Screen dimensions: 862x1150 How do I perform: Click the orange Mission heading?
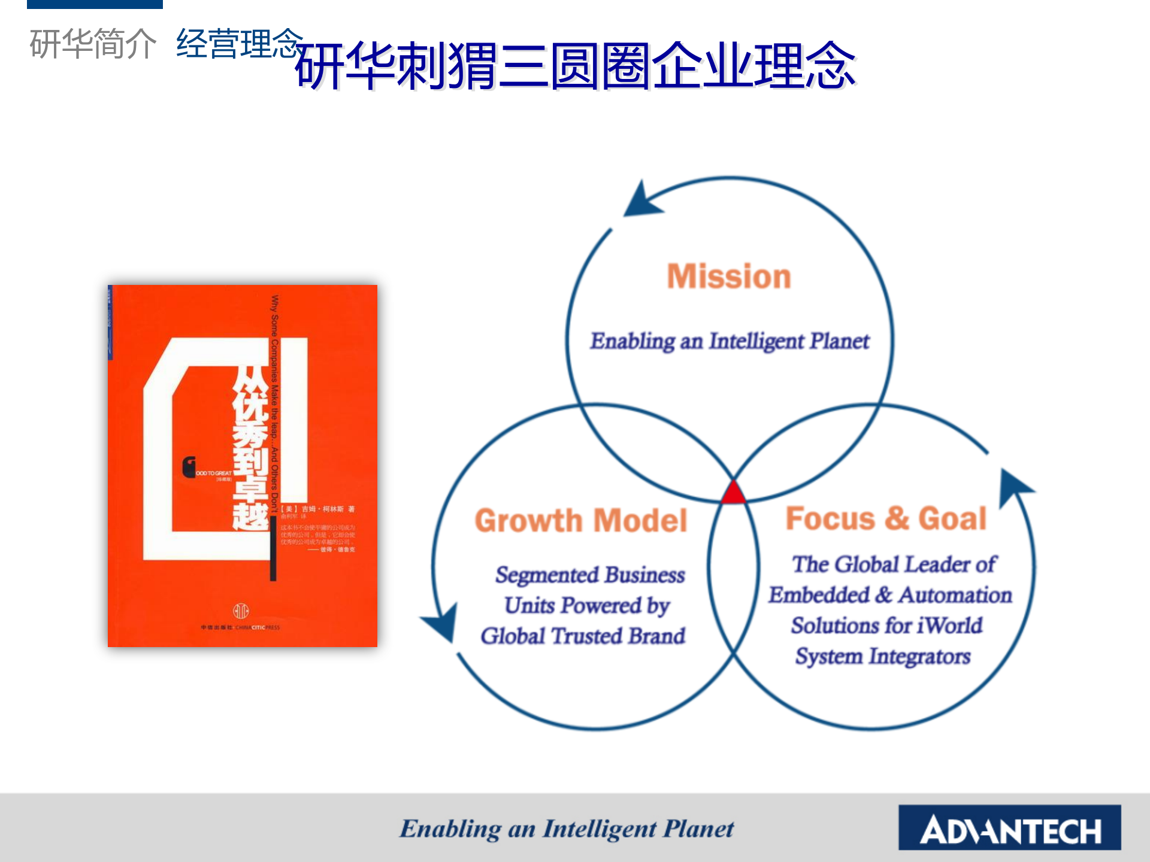point(729,277)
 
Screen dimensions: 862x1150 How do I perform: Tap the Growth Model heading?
point(580,520)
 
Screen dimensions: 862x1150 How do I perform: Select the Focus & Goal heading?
point(885,518)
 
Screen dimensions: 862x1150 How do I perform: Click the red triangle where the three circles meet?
point(733,493)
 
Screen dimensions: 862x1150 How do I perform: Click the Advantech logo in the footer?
point(1009,828)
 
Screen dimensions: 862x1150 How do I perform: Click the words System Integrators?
point(882,656)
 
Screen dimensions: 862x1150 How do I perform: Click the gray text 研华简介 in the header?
point(93,44)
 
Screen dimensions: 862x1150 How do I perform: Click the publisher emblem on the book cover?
point(241,611)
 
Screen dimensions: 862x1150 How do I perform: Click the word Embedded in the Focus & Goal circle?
point(818,595)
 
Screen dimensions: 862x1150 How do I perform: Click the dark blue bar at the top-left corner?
point(95,4)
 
